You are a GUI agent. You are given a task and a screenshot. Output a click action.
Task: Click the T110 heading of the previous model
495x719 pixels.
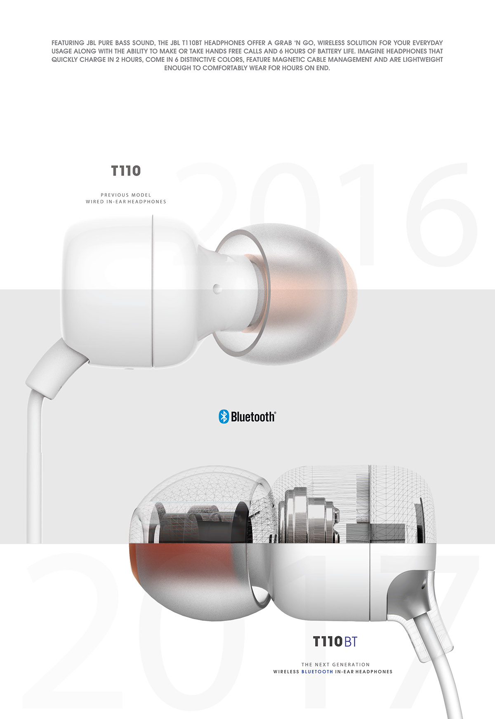126,171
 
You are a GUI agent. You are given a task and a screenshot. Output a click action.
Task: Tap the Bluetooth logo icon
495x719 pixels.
223,416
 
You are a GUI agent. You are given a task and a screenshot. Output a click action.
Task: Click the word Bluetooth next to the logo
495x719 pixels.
252,417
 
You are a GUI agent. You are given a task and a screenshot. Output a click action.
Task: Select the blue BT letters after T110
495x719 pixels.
350,641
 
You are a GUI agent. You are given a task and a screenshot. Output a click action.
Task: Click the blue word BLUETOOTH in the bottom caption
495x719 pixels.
317,672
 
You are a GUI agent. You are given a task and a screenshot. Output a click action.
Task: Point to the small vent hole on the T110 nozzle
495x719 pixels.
217,288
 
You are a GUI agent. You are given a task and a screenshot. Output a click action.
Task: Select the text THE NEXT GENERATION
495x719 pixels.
335,665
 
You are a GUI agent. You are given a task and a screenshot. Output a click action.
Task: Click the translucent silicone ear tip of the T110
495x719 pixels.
305,297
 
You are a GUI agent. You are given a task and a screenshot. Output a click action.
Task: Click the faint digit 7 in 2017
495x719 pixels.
429,618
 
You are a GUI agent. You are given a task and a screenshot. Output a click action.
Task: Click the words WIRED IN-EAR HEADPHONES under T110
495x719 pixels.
126,202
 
